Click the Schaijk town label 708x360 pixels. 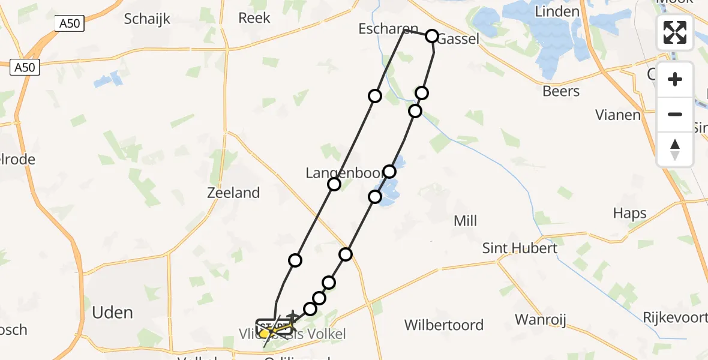[147, 19]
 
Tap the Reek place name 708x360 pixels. [254, 18]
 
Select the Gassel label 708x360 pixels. [459, 40]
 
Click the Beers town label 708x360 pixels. [561, 91]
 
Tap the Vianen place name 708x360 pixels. [618, 115]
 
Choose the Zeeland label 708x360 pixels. [233, 193]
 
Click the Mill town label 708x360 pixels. [465, 221]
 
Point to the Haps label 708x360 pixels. [630, 213]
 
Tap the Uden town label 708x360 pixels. [113, 313]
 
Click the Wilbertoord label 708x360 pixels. [444, 325]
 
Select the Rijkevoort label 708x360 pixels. [676, 317]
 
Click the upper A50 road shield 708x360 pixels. [71, 24]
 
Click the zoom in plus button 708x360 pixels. [675, 80]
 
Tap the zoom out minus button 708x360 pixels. [675, 114]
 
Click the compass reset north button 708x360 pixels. [675, 149]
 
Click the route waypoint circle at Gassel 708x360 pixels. [432, 36]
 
